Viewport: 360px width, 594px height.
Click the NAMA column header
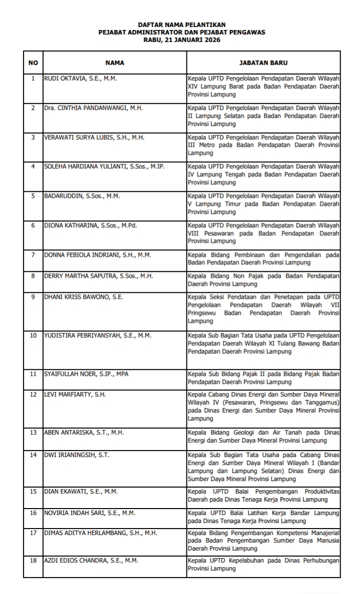click(x=114, y=63)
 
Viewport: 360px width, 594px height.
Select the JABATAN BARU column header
click(x=263, y=63)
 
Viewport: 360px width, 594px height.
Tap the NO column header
click(x=33, y=63)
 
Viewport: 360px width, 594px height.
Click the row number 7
click(x=33, y=255)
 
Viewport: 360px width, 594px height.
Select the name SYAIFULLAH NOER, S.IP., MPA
click(x=86, y=374)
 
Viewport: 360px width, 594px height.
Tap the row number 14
click(x=33, y=455)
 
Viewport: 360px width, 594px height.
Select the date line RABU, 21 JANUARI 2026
click(x=181, y=40)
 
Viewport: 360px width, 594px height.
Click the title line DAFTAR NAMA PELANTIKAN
click(x=181, y=24)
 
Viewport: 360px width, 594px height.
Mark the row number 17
click(x=33, y=533)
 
